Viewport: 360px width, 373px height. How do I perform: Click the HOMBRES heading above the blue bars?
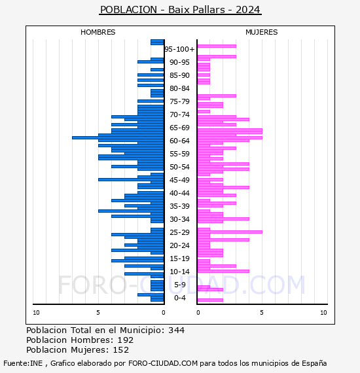coord(98,32)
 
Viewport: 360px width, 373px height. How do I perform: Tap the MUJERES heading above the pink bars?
coord(262,32)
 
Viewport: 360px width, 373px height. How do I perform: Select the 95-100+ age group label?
coord(179,49)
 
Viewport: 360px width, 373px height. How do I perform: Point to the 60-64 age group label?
coord(179,141)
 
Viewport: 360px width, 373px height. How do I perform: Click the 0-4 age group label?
coord(179,298)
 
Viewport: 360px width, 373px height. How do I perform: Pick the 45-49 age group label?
coord(179,180)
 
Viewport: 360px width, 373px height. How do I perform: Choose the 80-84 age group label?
coord(179,88)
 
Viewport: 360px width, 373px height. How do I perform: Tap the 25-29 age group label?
coord(179,232)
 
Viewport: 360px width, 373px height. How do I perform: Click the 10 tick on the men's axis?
coord(36,313)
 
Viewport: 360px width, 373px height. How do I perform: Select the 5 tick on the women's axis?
coord(262,313)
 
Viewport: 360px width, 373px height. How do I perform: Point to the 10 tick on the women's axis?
coord(323,313)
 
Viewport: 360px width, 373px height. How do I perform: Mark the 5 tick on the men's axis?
coord(98,313)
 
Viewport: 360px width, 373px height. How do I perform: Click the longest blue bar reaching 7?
coord(118,137)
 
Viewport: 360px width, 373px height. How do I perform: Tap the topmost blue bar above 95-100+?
coord(157,42)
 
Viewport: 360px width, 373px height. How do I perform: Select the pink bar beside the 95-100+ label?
coord(217,46)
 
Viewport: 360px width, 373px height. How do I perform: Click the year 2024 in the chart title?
coord(247,10)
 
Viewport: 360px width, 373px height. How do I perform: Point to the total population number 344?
coord(176,330)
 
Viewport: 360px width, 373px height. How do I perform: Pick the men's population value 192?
coord(126,340)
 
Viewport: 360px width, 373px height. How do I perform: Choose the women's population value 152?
coord(121,349)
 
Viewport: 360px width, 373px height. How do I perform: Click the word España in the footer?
coord(314,363)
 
